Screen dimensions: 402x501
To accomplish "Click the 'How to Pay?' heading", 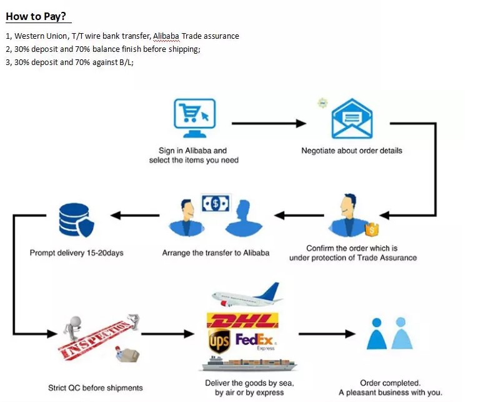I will click(x=36, y=16).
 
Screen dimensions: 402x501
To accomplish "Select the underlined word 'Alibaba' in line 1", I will click(x=166, y=36).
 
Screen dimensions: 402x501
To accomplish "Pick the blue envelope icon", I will click(x=352, y=119).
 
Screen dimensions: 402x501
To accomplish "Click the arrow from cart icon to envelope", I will click(x=269, y=123).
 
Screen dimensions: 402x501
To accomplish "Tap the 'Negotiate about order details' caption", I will click(x=352, y=151).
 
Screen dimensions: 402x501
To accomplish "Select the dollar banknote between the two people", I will click(x=216, y=203).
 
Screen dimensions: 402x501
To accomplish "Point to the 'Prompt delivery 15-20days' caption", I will click(x=76, y=253).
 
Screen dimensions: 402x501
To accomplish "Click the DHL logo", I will click(x=243, y=321).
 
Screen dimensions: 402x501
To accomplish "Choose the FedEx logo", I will click(x=255, y=341).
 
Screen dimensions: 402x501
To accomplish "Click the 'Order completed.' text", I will click(x=390, y=383).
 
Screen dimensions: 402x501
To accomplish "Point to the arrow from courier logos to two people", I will click(x=326, y=334).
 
